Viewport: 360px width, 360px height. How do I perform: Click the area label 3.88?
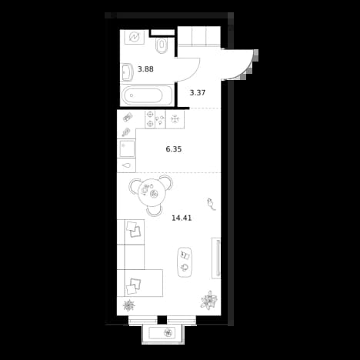pyautogui.click(x=145, y=69)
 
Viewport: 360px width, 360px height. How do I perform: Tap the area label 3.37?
pyautogui.click(x=198, y=92)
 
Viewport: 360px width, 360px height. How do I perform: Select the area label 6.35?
pyautogui.click(x=174, y=149)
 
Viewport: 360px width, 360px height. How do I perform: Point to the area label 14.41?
pyautogui.click(x=182, y=218)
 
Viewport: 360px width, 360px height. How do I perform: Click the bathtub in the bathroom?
pyautogui.click(x=147, y=95)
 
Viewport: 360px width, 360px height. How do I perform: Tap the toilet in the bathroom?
pyautogui.click(x=162, y=45)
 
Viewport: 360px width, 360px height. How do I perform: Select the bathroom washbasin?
pyautogui.click(x=127, y=72)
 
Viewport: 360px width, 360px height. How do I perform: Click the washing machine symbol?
pyautogui.click(x=135, y=37)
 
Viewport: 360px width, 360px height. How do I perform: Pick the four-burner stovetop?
pyautogui.click(x=155, y=119)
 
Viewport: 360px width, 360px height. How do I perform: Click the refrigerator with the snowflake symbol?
pyautogui.click(x=175, y=119)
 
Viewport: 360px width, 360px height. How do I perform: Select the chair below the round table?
pyautogui.click(x=155, y=211)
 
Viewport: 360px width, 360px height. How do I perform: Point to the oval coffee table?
pyautogui.click(x=185, y=262)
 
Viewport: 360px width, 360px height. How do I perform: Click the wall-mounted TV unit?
pyautogui.click(x=216, y=258)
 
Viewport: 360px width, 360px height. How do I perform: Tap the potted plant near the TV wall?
pyautogui.click(x=209, y=300)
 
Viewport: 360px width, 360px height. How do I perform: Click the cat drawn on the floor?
pyautogui.click(x=212, y=204)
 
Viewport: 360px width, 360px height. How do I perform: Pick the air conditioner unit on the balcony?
pyautogui.click(x=162, y=333)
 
